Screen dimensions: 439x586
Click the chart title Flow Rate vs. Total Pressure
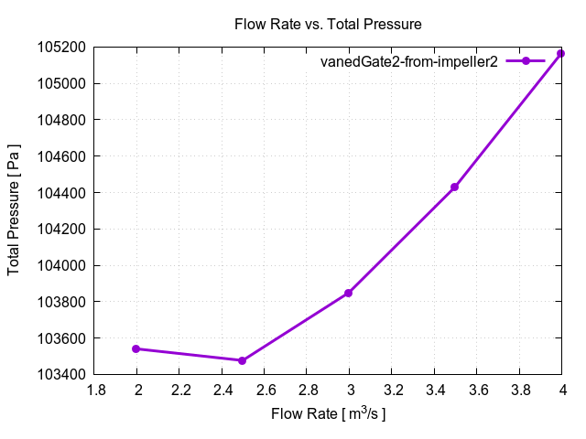point(328,25)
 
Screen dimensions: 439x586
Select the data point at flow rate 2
point(136,348)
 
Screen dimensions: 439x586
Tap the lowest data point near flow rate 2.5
point(242,360)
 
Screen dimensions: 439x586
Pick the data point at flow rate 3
point(349,293)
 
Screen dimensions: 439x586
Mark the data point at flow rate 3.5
point(454,187)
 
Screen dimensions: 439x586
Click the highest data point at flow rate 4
point(561,53)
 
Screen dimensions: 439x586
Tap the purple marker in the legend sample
point(526,61)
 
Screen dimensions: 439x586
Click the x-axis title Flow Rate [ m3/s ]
point(328,414)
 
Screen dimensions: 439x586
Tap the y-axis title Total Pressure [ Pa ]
point(15,210)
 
